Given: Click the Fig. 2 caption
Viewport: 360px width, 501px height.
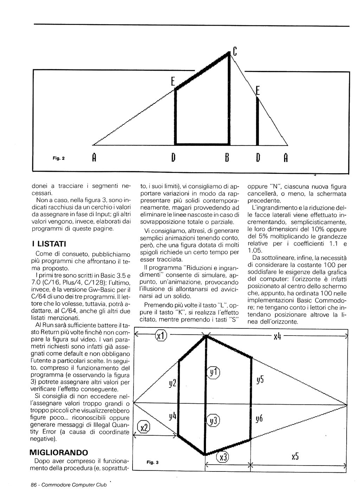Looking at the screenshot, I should coord(59,158).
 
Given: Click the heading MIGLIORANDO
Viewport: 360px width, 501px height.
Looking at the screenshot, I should coord(59,452).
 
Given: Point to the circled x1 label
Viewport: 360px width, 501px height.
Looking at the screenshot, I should coord(161,336).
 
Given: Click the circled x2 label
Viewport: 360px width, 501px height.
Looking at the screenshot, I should coord(143,427).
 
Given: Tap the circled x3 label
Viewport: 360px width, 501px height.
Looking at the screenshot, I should coord(223,457).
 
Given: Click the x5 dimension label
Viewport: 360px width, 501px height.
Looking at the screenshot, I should coord(295,456).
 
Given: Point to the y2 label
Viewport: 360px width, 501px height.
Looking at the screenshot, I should coord(172,383).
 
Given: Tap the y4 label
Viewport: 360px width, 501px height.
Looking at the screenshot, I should coord(172,417).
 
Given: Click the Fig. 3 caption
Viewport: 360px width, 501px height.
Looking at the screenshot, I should coord(153,462).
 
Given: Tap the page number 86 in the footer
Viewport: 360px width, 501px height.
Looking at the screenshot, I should coord(34,485).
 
